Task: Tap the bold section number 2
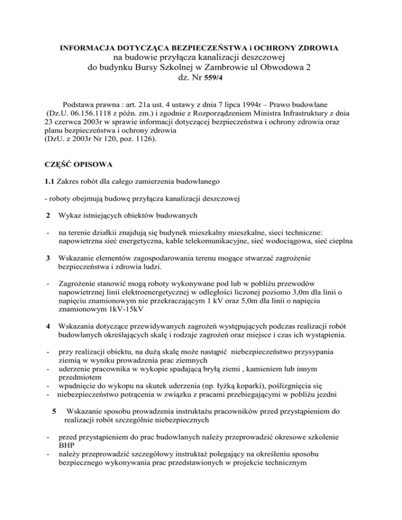point(49,229)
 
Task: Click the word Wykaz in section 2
point(71,229)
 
